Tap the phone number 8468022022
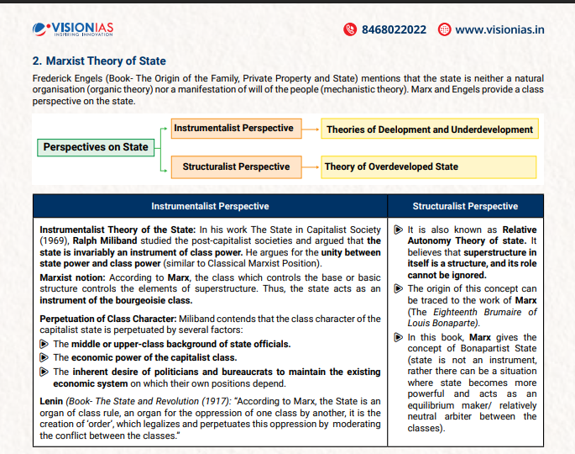tap(394, 29)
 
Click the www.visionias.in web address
tap(499, 29)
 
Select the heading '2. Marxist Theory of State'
tap(99, 61)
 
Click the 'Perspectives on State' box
tap(96, 147)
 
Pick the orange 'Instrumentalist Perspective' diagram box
tap(233, 129)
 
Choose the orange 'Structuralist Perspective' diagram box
tap(236, 166)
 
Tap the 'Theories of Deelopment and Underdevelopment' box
tap(430, 129)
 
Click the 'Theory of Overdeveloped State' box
tap(391, 166)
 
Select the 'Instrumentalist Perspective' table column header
tap(210, 206)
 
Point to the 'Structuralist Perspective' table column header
tap(465, 206)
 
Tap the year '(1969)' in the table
tap(56, 241)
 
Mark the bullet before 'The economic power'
tap(45, 357)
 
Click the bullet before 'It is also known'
tap(399, 230)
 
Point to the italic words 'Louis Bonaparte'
tap(442, 323)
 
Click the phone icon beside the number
tap(351, 29)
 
